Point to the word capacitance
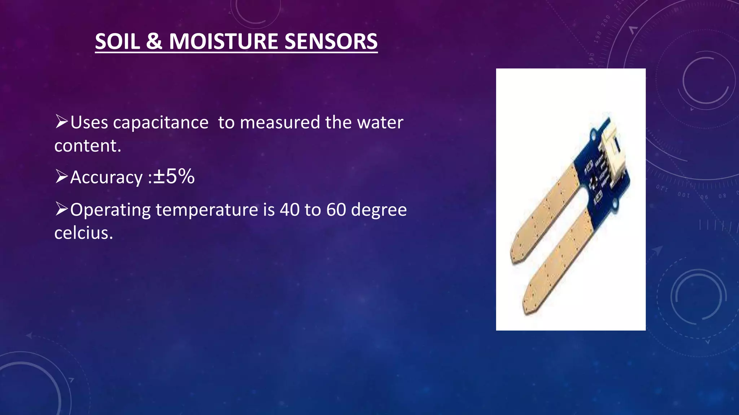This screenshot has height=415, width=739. pyautogui.click(x=161, y=122)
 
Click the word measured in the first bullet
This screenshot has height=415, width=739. pyautogui.click(x=280, y=122)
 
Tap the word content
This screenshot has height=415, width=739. pyautogui.click(x=87, y=146)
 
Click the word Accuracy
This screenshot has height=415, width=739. pyautogui.click(x=106, y=177)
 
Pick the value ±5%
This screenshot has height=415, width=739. pyautogui.click(x=174, y=177)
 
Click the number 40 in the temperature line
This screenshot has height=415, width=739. pyautogui.click(x=289, y=210)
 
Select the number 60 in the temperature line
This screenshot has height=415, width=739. pyautogui.click(x=336, y=210)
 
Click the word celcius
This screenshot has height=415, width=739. pyautogui.click(x=83, y=233)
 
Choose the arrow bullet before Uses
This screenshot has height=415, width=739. pyautogui.click(x=61, y=121)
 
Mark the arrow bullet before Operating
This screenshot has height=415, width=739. pyautogui.click(x=61, y=209)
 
